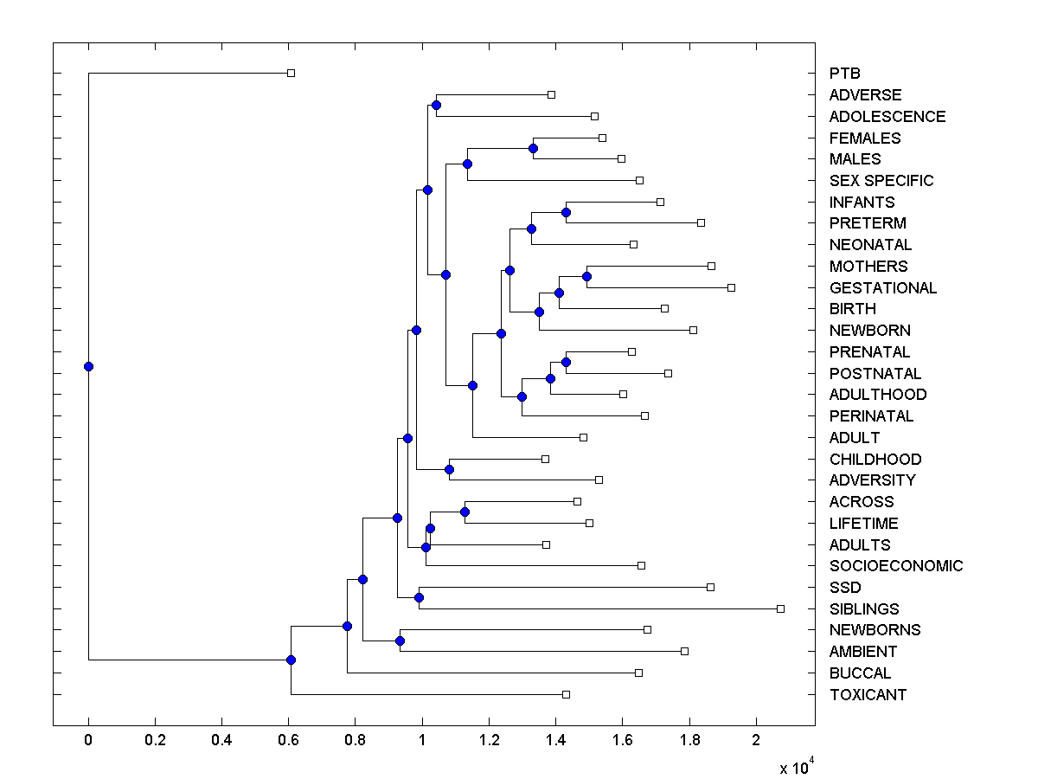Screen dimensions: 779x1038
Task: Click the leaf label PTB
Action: click(x=844, y=74)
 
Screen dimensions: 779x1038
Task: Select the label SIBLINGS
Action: click(x=864, y=609)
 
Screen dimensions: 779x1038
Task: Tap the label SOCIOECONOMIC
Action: click(x=895, y=566)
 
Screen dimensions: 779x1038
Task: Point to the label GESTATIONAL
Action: click(x=882, y=288)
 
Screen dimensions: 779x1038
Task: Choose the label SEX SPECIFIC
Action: click(x=881, y=181)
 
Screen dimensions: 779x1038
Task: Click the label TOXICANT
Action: click(x=868, y=695)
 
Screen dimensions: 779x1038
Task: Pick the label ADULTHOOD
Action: click(x=877, y=395)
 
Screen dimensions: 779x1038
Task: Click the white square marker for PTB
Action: click(x=291, y=73)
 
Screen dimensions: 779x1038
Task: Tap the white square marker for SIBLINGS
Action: click(x=780, y=608)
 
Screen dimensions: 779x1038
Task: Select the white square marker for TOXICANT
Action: click(x=566, y=694)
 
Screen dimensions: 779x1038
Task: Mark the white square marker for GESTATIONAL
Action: click(x=731, y=287)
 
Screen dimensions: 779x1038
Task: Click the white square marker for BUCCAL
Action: click(x=638, y=673)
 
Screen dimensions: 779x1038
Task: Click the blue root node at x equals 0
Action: click(x=88, y=366)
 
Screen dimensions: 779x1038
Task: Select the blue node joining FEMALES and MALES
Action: click(x=533, y=148)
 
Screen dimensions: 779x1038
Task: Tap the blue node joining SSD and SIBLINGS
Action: click(x=419, y=597)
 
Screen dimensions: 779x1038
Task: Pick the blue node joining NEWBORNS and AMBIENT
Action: click(x=400, y=641)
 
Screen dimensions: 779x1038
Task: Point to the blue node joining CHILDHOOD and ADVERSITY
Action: click(x=449, y=469)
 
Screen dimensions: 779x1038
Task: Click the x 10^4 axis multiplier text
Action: click(x=796, y=767)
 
